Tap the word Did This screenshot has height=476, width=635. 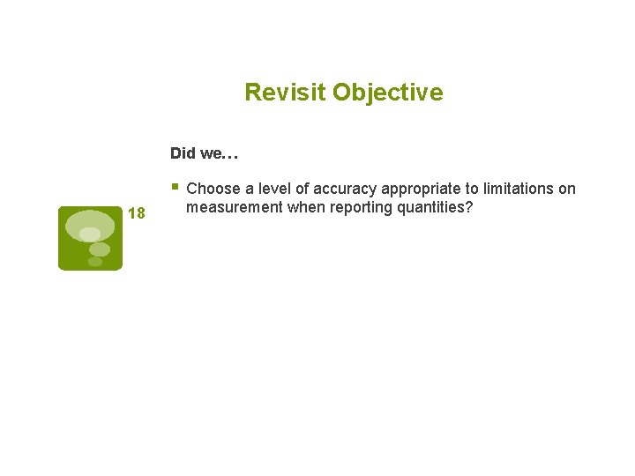coord(183,153)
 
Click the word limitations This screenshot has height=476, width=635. coord(519,189)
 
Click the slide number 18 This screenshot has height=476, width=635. coord(136,213)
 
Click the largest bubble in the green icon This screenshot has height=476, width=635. coord(90,225)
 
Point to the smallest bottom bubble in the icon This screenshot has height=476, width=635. coord(94,262)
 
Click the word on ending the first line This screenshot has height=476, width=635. coord(567,189)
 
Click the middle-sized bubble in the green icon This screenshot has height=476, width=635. coord(100,249)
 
